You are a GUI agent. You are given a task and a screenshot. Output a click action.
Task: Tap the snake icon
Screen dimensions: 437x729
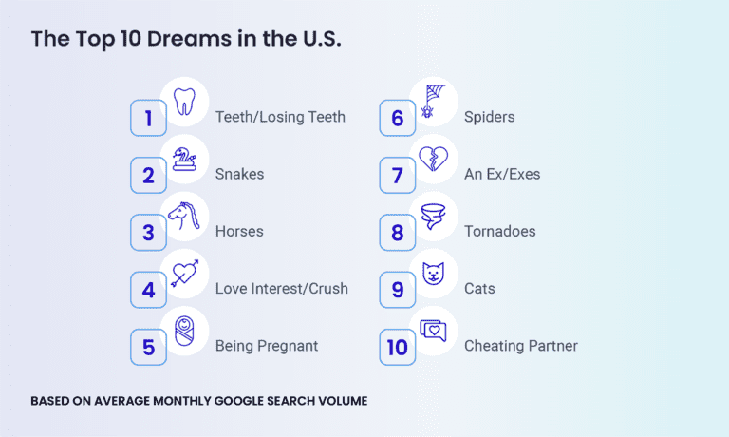[x=184, y=158]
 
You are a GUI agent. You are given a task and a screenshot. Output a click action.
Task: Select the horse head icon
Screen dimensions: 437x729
[x=184, y=216]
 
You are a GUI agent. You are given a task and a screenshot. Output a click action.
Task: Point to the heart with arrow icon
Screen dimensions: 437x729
[x=184, y=273]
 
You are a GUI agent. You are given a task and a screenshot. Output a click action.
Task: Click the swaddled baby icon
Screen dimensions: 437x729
[x=184, y=330]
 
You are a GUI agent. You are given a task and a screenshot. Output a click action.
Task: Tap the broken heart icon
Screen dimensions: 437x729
[x=433, y=159]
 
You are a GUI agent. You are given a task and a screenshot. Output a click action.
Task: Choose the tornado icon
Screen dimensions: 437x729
[x=433, y=216]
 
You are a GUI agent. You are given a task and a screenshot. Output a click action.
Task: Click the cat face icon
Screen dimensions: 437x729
[x=433, y=273]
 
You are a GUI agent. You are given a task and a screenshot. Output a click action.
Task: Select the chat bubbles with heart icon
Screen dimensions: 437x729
[x=433, y=331]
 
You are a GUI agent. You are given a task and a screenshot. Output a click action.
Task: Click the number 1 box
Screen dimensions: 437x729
[x=148, y=119]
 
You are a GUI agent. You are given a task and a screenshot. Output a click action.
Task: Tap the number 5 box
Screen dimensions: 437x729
[x=148, y=347]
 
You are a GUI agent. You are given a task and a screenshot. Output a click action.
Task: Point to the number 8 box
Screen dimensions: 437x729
[x=397, y=233]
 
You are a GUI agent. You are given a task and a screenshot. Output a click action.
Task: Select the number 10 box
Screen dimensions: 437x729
[x=397, y=347]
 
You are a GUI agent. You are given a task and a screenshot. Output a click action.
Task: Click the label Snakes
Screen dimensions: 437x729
[x=239, y=175]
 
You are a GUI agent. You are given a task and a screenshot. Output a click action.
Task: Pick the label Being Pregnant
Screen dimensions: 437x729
[x=267, y=346]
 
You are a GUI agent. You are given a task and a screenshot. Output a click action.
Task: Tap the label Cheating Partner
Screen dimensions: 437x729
[x=520, y=346]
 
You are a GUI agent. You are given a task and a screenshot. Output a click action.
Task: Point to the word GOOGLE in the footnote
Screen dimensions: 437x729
[x=236, y=401]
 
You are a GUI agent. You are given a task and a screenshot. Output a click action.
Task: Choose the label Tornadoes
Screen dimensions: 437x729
[x=499, y=232]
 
